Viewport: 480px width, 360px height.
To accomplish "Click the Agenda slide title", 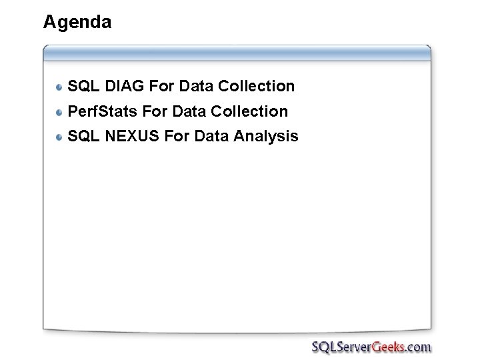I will [77, 23].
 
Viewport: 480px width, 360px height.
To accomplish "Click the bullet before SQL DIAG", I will [60, 87].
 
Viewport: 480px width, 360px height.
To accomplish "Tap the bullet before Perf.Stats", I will [60, 112].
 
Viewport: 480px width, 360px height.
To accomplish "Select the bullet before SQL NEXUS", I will [60, 137].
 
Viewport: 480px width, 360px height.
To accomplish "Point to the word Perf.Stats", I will [103, 111].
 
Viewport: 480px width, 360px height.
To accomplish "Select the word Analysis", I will [266, 137].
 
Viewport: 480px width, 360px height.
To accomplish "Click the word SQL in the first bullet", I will [83, 86].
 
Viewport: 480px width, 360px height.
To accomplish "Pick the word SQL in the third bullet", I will [83, 136].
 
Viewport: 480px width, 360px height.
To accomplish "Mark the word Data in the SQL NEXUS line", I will [211, 136].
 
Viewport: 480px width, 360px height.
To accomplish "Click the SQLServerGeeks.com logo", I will [371, 347].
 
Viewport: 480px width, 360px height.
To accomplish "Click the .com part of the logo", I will [418, 347].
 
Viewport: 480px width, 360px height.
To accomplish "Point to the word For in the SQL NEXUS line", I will [177, 136].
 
